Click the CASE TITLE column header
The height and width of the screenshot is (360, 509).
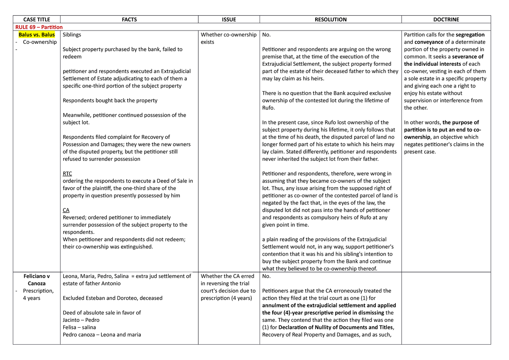pos(36,20)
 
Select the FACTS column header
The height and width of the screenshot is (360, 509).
pos(129,20)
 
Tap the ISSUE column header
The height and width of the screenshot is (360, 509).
pos(229,20)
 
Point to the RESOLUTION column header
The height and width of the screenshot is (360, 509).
pos(330,20)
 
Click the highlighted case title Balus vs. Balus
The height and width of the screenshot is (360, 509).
pos(36,35)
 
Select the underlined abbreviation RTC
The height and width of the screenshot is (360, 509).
pos(67,174)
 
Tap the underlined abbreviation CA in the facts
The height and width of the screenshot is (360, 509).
pos(66,210)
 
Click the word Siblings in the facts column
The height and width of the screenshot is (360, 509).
pos(72,35)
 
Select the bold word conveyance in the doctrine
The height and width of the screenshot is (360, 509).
pos(429,42)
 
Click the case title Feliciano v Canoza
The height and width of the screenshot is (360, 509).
pos(36,280)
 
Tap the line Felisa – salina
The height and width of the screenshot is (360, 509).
pos(79,327)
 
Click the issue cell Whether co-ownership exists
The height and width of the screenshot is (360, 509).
pos(228,38)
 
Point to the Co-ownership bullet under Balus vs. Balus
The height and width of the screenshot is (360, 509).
pos(39,42)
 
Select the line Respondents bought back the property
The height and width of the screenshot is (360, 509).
pos(110,101)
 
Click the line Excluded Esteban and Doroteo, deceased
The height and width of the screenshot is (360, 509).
pos(112,298)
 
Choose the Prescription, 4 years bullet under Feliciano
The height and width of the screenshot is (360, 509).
pos(38,294)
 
